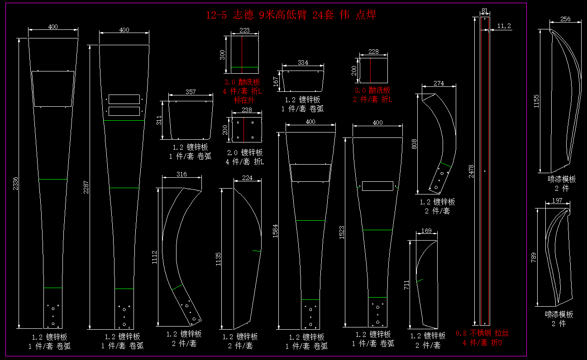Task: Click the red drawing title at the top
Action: pos(291,15)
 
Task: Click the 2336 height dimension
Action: pos(15,184)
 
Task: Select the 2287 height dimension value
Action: pos(86,187)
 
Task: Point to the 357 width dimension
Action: pos(191,92)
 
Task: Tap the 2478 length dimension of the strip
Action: pos(471,171)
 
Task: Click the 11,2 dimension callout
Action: pos(504,26)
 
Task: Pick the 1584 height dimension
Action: pos(275,231)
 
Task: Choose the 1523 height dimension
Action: pos(342,232)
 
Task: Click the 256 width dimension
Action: pos(565,19)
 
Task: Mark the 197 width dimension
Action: pos(557,200)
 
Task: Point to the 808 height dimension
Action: pos(414,144)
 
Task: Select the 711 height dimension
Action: pos(406,285)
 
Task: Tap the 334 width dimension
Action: pos(303,62)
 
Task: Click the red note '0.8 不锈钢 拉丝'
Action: pos(482,333)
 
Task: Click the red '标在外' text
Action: pos(244,100)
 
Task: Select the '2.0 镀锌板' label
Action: pos(245,153)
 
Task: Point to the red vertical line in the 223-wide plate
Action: pos(242,54)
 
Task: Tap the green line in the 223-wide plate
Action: pos(245,67)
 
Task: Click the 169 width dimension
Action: pos(426,231)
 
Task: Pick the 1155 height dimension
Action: pos(536,101)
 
